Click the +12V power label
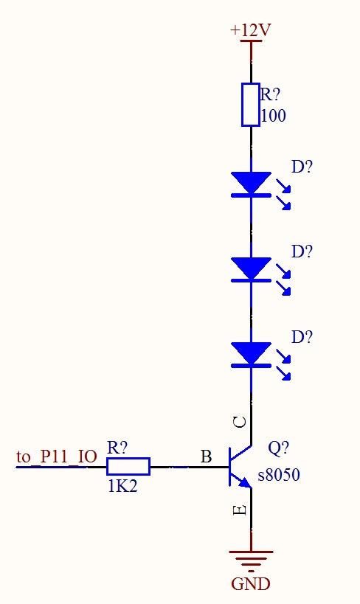[x=251, y=30]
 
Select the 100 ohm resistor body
[x=251, y=105]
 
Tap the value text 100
[x=273, y=116]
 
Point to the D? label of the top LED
[x=302, y=167]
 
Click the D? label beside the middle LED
[x=302, y=251]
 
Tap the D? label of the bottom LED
[x=302, y=337]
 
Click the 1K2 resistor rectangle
[x=128, y=467]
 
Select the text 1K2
[x=122, y=486]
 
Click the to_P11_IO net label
[x=57, y=457]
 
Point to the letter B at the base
[x=207, y=457]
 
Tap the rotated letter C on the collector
[x=240, y=423]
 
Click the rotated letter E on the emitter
[x=240, y=510]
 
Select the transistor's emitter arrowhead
[x=246, y=482]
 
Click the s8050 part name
[x=279, y=475]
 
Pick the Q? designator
[x=278, y=448]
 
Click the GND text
[x=251, y=583]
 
